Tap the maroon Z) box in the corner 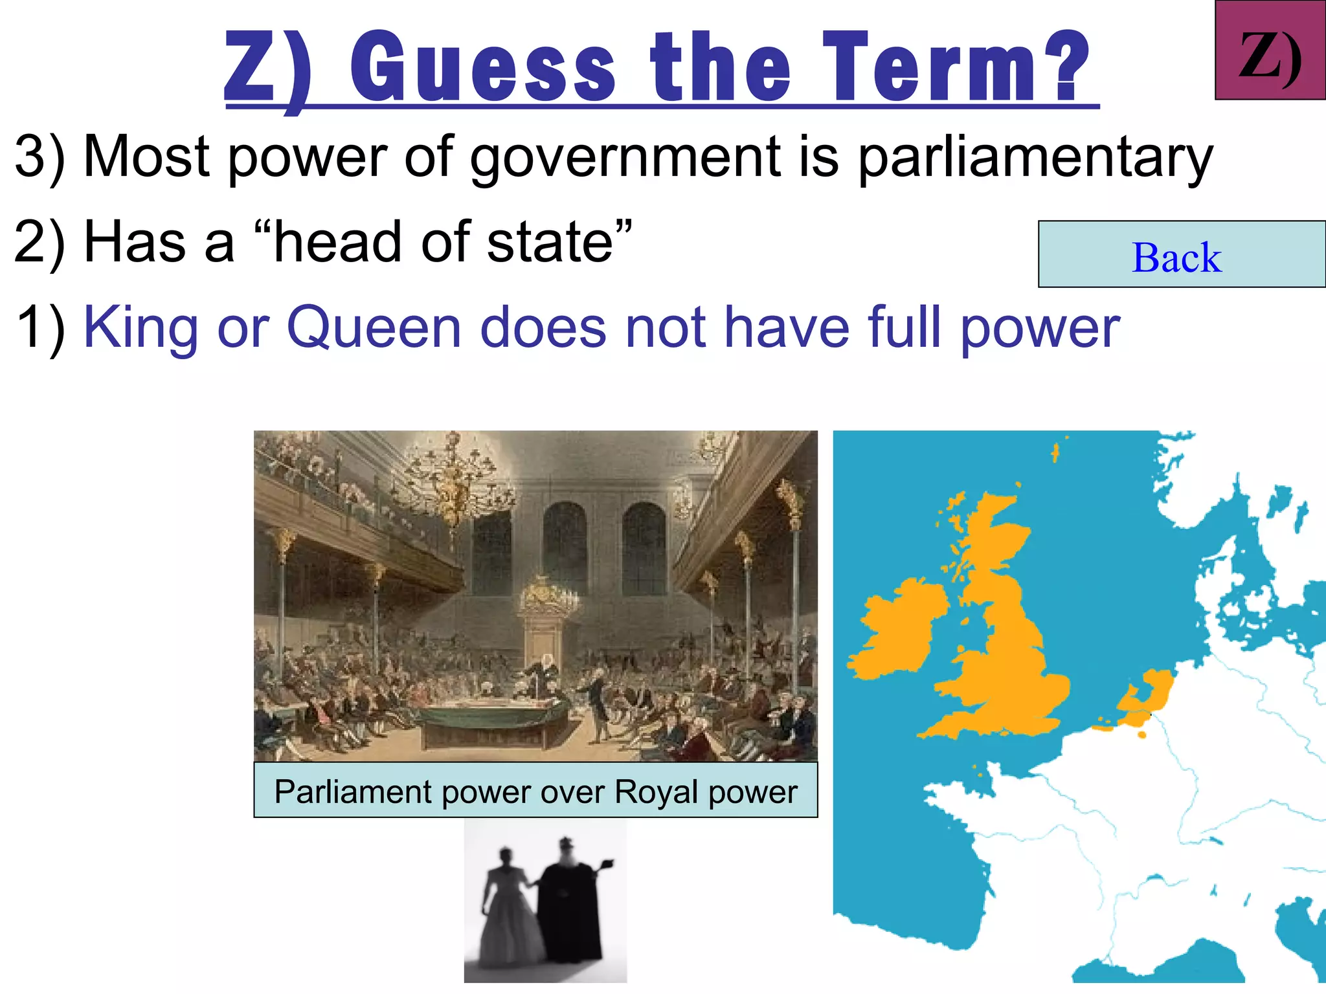pyautogui.click(x=1270, y=50)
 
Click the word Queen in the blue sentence pyautogui.click(x=374, y=327)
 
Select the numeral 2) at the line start pyautogui.click(x=39, y=242)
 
